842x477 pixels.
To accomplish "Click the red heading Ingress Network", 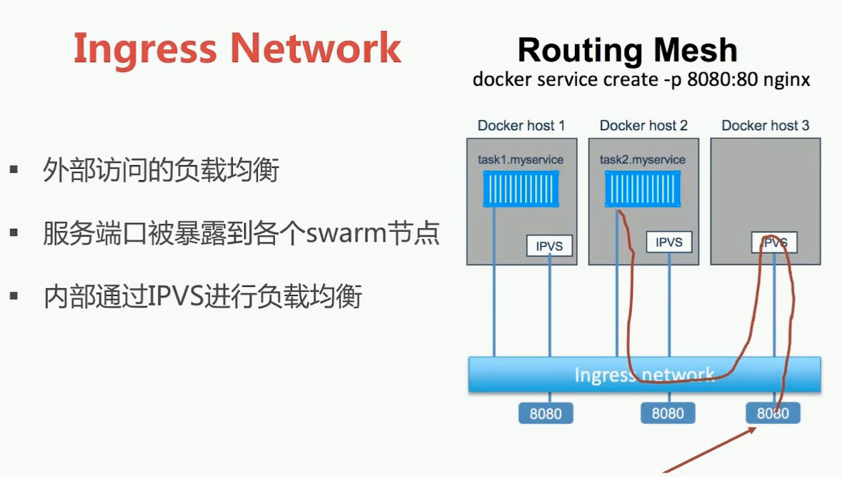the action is coord(237,49).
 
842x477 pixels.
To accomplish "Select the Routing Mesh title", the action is coord(627,50).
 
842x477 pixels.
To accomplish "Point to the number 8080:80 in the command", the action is coord(722,79).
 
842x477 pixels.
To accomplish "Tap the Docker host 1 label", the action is coord(521,126).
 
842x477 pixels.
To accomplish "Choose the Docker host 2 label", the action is coord(643,126).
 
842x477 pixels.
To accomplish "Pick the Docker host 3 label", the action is coord(765,126).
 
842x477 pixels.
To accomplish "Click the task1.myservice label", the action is coord(521,159).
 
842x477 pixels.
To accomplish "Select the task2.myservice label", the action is coord(642,159).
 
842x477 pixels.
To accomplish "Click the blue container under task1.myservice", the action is coord(521,189).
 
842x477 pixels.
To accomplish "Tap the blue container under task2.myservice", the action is coord(643,189).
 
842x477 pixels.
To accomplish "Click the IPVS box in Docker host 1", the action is coord(549,246).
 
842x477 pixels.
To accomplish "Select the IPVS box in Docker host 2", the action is coord(669,242).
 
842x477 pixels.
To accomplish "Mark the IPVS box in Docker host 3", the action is coord(774,242).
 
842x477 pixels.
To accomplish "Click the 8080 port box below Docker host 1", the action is coord(546,413).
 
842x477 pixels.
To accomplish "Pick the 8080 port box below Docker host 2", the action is coord(668,413).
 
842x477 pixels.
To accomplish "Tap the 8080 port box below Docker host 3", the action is coord(773,413).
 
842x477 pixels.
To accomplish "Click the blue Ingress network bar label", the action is coord(644,374).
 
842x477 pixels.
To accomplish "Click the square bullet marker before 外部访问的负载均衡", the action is coord(14,170).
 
